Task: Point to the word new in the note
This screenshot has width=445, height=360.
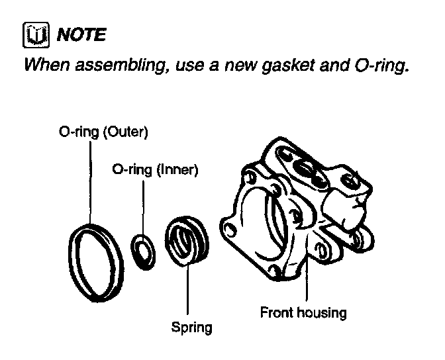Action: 233,66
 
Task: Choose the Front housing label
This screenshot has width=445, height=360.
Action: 304,312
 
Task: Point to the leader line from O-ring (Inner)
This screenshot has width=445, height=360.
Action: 142,205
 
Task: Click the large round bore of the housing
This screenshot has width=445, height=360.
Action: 265,228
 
